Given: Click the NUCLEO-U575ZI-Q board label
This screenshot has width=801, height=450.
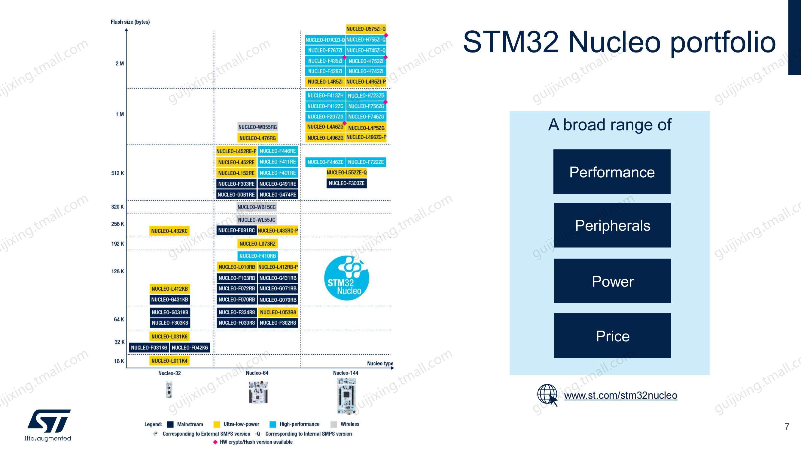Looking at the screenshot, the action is [x=366, y=29].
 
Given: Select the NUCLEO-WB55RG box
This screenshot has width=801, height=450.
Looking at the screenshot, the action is [x=257, y=127].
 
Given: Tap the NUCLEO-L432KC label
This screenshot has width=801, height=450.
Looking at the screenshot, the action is [x=169, y=231].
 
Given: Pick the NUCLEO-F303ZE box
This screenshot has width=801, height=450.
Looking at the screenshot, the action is [x=346, y=183].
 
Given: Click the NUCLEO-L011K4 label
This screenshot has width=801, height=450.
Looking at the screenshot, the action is [x=169, y=361].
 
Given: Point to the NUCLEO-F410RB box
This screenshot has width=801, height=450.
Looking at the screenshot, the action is [x=257, y=256].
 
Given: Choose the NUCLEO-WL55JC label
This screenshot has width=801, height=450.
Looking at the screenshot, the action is [x=257, y=220].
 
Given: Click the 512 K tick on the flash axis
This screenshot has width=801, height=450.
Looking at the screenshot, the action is [x=117, y=173].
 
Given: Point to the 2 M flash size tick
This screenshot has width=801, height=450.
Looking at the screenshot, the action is [x=120, y=64].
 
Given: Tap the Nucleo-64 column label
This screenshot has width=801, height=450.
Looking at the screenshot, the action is [x=257, y=373].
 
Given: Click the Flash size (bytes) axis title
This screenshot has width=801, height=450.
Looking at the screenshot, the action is [x=130, y=22].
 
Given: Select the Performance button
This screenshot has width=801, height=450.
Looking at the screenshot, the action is [x=612, y=172].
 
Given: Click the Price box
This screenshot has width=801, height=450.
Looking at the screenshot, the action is [x=613, y=336].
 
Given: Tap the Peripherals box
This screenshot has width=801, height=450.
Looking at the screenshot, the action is [x=613, y=225].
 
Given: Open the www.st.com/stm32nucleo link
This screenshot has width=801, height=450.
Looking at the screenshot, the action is [x=621, y=395].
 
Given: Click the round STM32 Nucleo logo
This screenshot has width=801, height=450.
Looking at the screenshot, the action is [x=346, y=277].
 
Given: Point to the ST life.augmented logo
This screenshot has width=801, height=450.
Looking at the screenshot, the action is [x=48, y=425].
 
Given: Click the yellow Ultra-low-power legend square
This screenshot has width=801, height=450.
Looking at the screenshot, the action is [x=217, y=424].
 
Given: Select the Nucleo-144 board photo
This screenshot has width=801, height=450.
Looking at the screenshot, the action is [x=346, y=396].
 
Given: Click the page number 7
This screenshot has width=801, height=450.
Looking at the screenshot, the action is [x=787, y=426].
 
